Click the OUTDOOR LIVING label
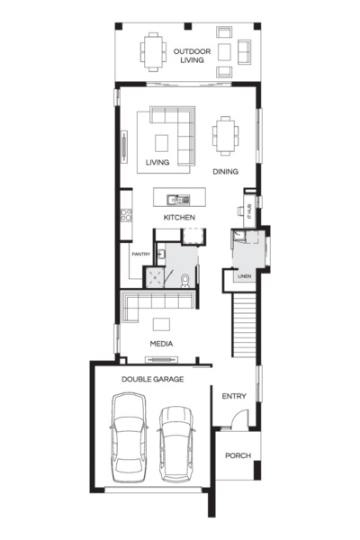192,57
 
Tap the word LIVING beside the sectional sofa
158,163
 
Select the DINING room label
225,170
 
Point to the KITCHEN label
180,219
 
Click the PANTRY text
140,255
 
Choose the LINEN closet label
244,276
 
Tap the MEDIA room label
162,344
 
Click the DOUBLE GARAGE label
153,380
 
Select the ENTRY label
234,395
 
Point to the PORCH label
238,455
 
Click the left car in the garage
127,440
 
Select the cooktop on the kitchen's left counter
126,215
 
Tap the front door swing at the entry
233,418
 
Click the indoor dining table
225,136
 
